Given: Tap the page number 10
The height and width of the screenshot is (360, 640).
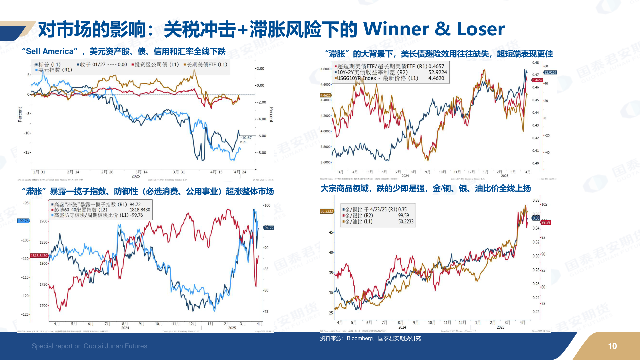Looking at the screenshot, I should (612, 346).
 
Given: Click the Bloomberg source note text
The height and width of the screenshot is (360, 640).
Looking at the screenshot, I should (370, 338).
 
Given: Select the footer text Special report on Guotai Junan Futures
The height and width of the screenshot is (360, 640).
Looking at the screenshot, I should (89, 346).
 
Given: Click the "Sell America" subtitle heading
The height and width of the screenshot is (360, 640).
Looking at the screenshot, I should (124, 51).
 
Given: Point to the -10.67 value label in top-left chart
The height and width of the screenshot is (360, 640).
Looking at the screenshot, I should (246, 138).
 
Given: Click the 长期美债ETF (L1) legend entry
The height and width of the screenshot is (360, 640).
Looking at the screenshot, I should (206, 64).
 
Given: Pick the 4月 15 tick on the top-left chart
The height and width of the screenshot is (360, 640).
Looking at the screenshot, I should (216, 172).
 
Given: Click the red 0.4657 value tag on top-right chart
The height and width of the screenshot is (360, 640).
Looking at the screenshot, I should (537, 80).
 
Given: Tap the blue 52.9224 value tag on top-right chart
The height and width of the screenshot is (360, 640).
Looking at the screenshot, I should (550, 72).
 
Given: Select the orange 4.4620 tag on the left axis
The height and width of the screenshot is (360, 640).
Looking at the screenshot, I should (326, 95).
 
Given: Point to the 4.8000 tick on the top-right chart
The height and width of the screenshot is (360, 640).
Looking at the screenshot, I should (325, 69).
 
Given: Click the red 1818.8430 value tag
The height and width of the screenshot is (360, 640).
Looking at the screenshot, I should (39, 256).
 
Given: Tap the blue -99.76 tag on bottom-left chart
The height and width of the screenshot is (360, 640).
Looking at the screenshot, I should (24, 221).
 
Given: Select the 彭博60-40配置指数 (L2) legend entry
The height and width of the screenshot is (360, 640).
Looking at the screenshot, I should (80, 210).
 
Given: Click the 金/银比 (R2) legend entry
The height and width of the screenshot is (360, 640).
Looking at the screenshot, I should (359, 216).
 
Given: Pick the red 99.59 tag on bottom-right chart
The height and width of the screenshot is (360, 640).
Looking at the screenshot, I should (546, 222).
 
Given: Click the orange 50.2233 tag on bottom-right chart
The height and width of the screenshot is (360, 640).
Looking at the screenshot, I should (327, 211).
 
